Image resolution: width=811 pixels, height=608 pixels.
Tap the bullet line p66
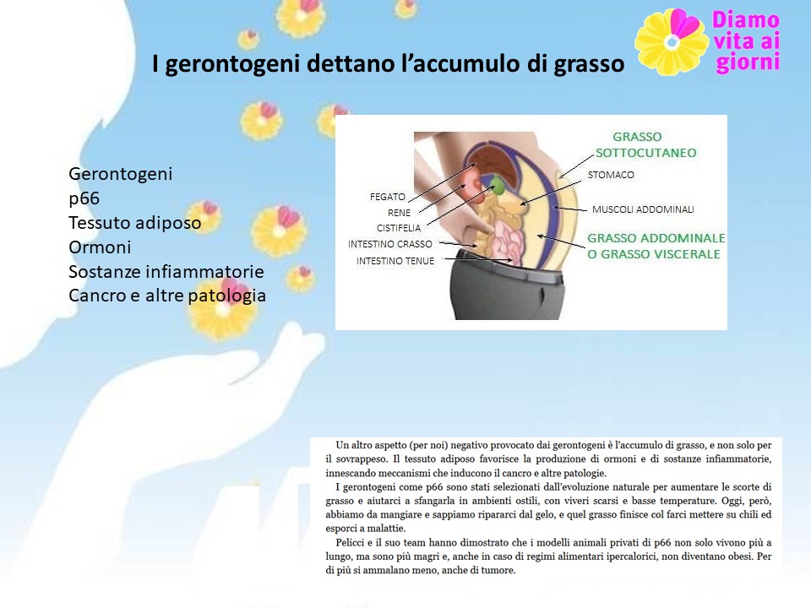point(84,198)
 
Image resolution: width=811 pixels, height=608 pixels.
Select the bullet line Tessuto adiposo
point(134,223)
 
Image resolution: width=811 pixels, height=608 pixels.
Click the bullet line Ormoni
point(100,247)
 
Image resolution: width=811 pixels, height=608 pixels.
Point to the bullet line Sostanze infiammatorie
point(166,271)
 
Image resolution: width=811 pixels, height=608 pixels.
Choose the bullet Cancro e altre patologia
point(167,296)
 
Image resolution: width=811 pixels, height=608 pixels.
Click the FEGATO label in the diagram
point(388,197)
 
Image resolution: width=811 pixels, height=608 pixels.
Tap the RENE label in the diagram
point(399,213)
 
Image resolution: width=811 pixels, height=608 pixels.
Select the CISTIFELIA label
point(398,228)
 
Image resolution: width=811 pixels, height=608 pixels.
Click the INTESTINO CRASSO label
point(390,244)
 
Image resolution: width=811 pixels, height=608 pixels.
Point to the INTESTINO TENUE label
point(395,261)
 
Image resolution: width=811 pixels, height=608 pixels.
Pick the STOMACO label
point(611,175)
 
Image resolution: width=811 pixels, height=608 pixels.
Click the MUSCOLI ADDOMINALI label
point(643,209)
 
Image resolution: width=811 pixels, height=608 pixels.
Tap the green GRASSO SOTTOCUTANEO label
point(645,144)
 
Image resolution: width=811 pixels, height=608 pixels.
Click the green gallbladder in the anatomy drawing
point(497,186)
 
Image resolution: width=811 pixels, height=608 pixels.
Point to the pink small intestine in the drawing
point(506,242)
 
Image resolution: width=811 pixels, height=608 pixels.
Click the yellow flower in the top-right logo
point(672,42)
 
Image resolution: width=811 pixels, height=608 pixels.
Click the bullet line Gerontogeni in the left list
point(120,174)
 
